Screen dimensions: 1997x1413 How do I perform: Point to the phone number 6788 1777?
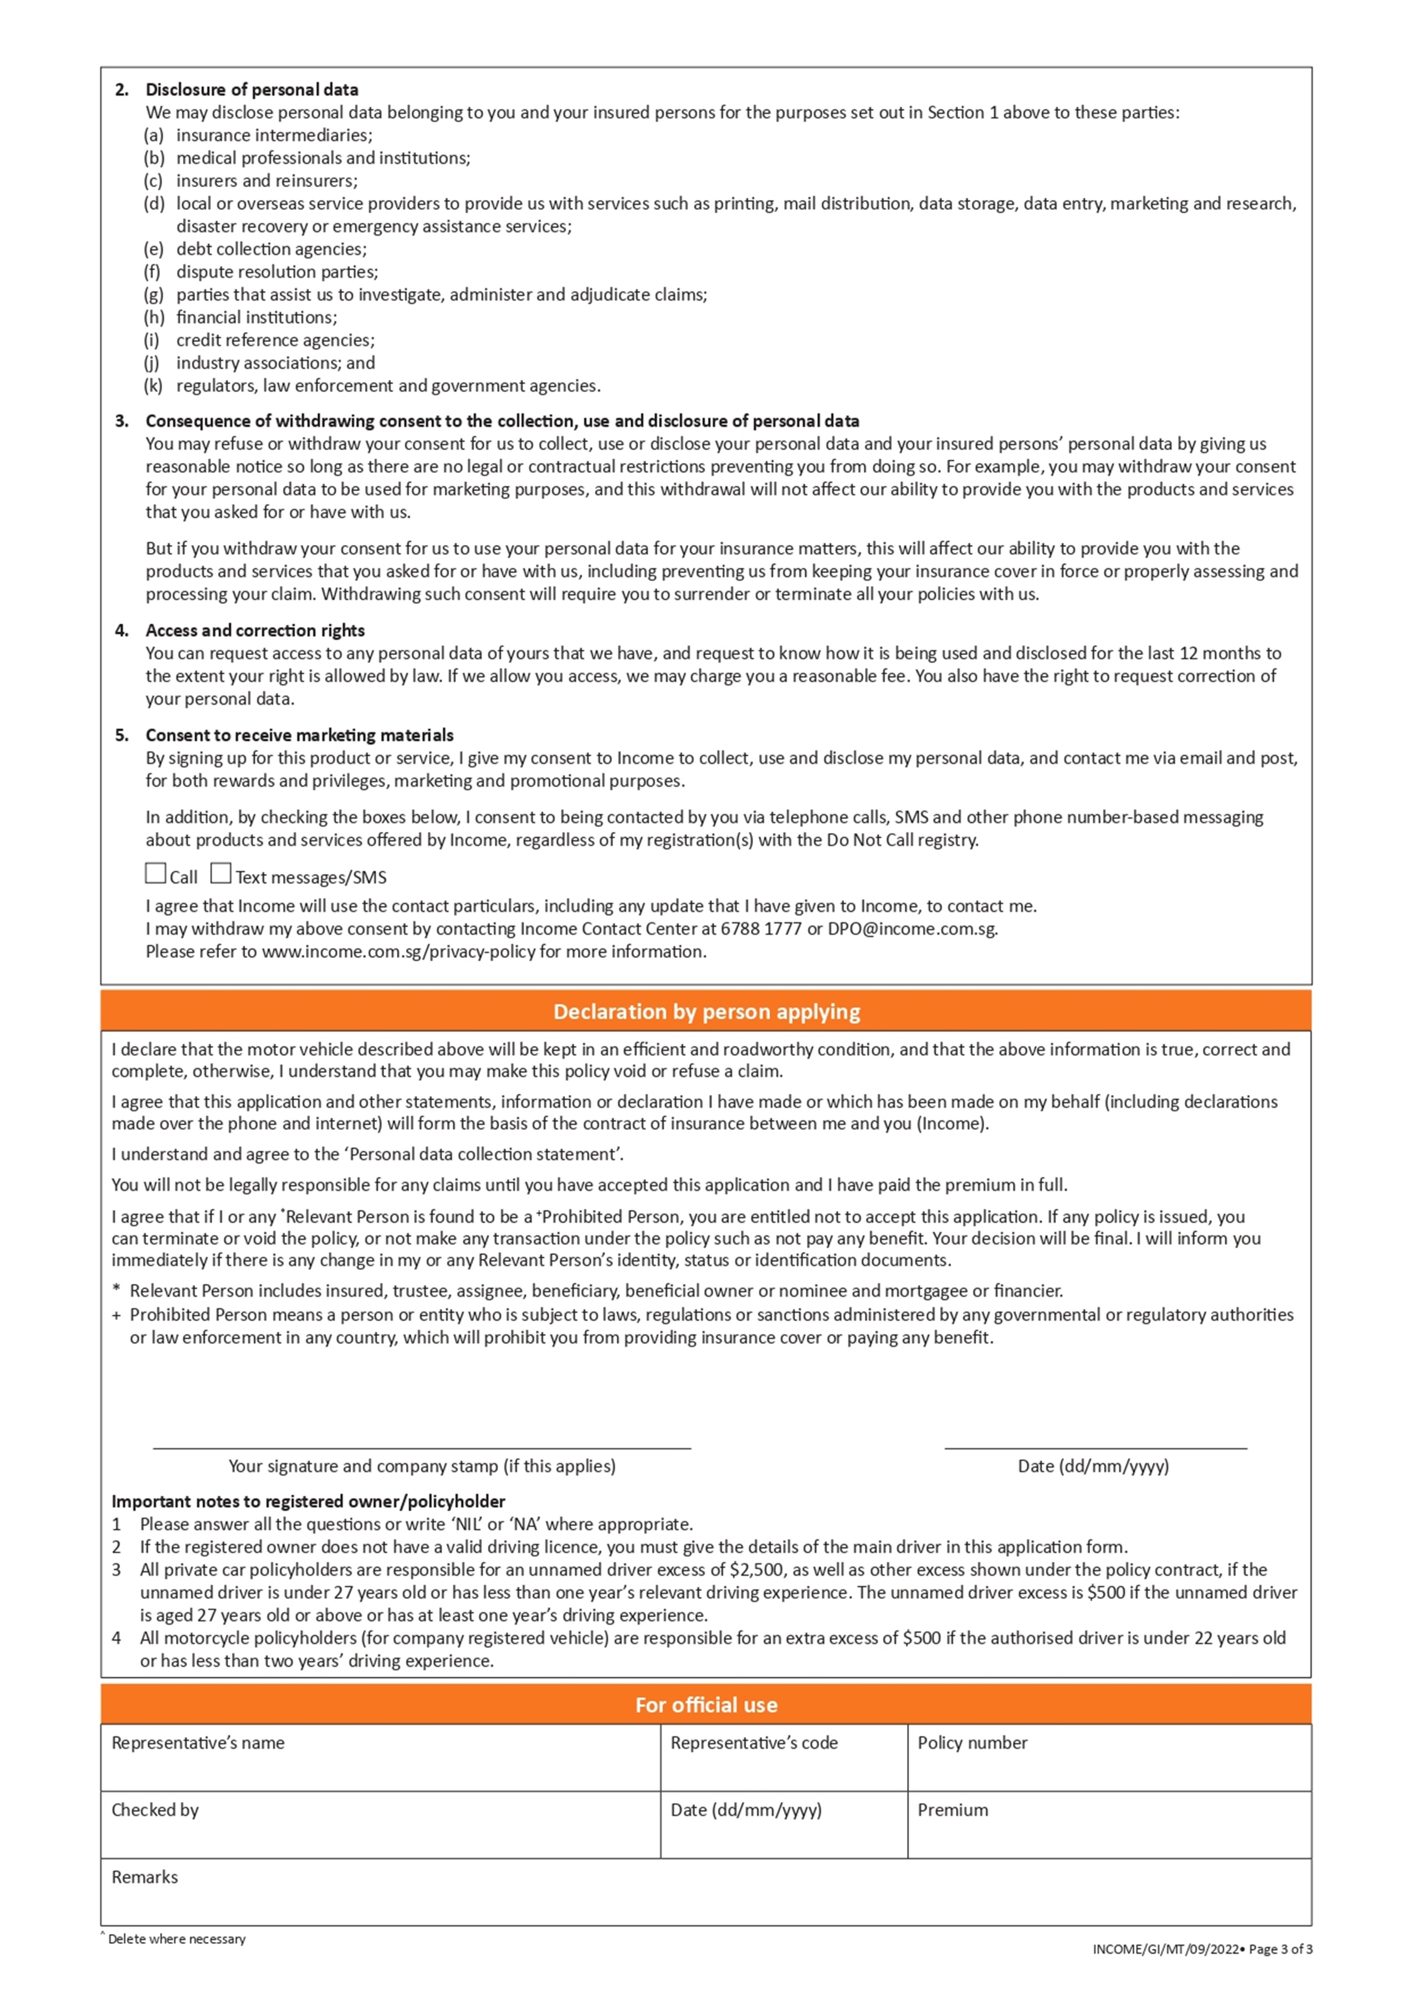pyautogui.click(x=760, y=929)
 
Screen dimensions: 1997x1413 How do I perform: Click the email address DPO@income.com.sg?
pyautogui.click(x=912, y=929)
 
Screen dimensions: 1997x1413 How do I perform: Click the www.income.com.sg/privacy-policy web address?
pyautogui.click(x=398, y=951)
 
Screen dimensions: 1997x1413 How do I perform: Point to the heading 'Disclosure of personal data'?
pyautogui.click(x=252, y=90)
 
